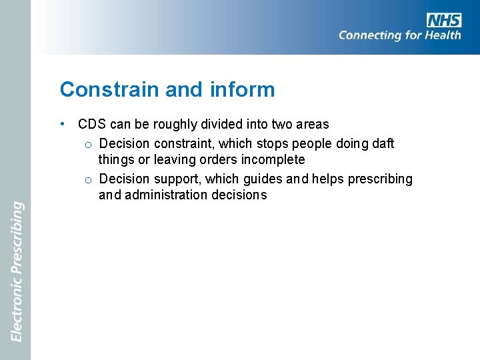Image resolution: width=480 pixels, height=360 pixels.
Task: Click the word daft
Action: (x=382, y=143)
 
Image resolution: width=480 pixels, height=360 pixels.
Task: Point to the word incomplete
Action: (x=275, y=160)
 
